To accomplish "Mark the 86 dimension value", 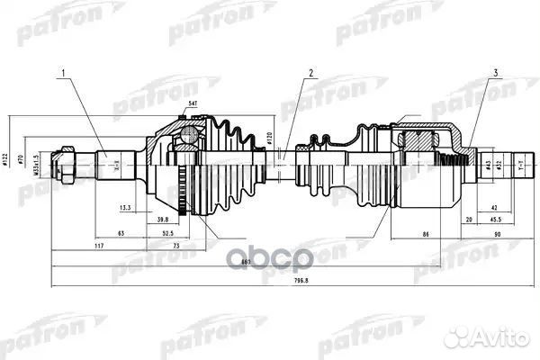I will (424, 232).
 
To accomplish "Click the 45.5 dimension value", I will (495, 219).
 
